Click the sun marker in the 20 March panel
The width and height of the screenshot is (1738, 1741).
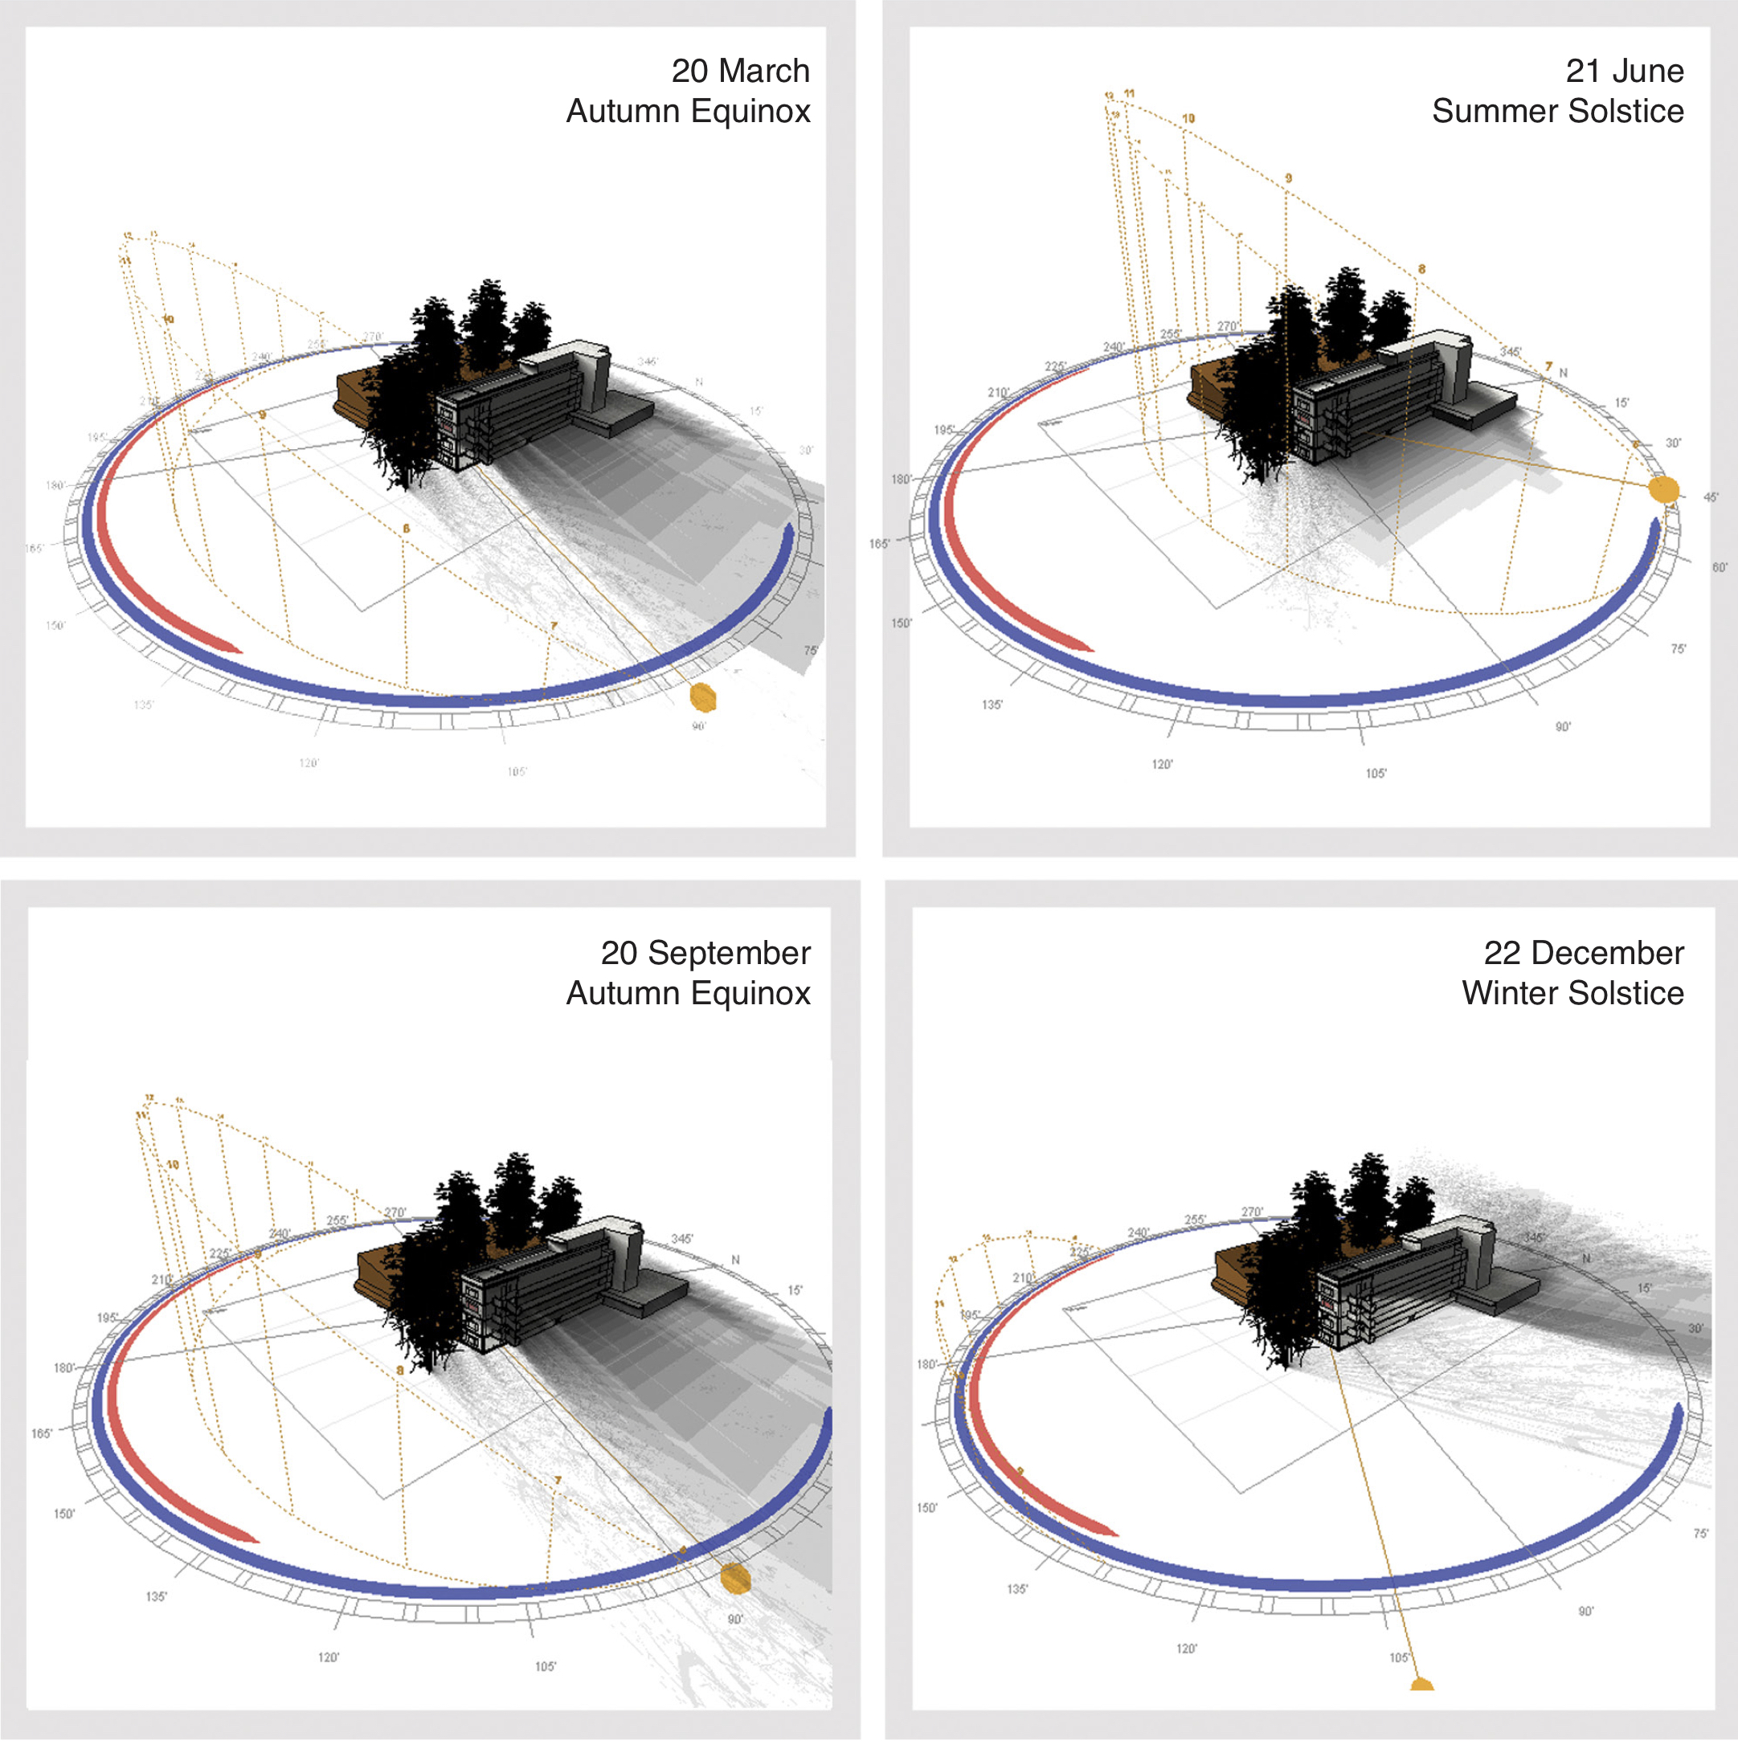(x=702, y=697)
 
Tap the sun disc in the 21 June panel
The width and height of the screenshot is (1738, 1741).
(x=1663, y=490)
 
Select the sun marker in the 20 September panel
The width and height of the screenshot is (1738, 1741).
(x=735, y=1577)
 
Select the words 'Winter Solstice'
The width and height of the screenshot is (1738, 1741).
(x=1572, y=992)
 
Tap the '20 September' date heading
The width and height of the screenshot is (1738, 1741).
(x=705, y=953)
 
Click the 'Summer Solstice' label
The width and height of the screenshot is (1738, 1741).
(x=1557, y=111)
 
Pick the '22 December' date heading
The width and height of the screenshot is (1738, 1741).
(x=1583, y=953)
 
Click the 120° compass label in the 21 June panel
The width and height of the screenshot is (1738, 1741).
(x=1162, y=764)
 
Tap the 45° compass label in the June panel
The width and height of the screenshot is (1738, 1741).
(x=1710, y=497)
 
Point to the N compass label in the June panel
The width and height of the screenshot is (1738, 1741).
(x=1563, y=373)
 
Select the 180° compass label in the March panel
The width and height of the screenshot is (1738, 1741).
(x=56, y=486)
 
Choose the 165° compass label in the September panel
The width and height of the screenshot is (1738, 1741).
(x=42, y=1432)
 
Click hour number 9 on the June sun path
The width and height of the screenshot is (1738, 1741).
(x=1288, y=178)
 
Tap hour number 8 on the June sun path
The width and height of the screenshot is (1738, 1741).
(x=1421, y=268)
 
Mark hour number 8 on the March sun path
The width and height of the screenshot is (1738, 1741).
(x=406, y=528)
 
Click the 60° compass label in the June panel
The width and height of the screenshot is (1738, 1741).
(x=1719, y=568)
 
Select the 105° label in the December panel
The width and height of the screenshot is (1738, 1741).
(x=1398, y=1658)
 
